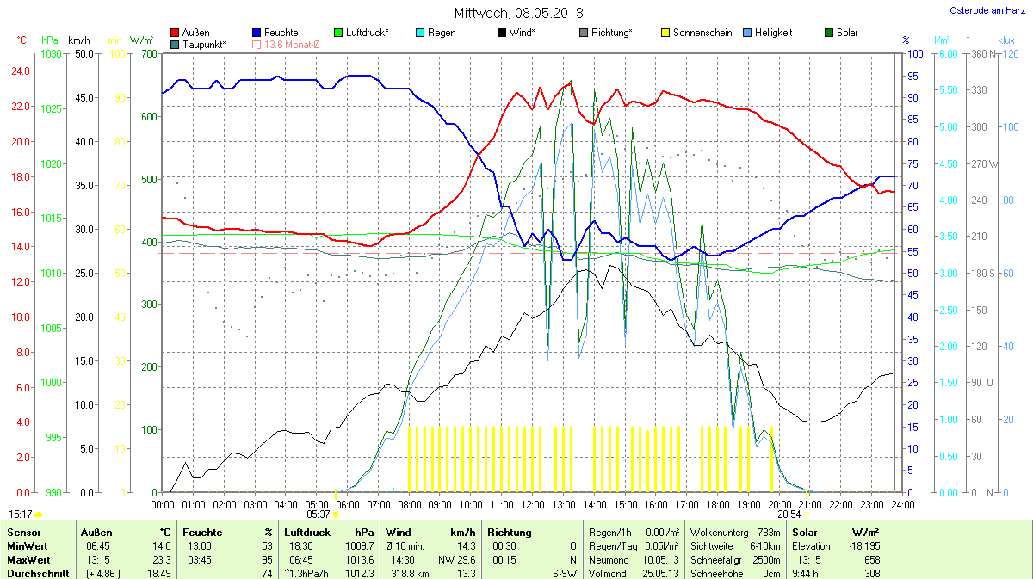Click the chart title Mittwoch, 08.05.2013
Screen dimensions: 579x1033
[x=517, y=13]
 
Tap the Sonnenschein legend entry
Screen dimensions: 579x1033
[x=696, y=33]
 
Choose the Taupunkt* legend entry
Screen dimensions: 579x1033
[x=203, y=44]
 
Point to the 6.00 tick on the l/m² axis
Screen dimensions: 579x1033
[x=946, y=54]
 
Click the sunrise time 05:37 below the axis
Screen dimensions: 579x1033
[x=319, y=514]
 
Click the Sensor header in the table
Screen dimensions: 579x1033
[x=23, y=533]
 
